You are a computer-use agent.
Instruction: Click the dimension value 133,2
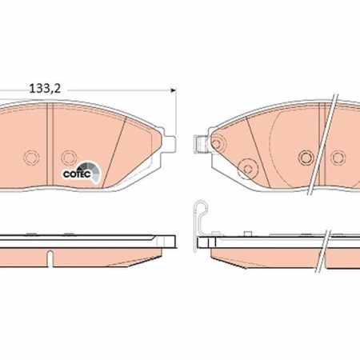coord(45,89)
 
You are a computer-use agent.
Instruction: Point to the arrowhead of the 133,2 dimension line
coord(174,90)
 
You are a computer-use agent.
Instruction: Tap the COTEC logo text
coord(77,174)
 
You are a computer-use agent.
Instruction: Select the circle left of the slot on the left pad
coord(31,158)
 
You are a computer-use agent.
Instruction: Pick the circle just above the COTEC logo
coord(69,158)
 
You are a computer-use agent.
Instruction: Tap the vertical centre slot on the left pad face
coord(50,145)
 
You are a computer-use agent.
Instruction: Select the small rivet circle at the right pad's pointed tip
coord(217,144)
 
